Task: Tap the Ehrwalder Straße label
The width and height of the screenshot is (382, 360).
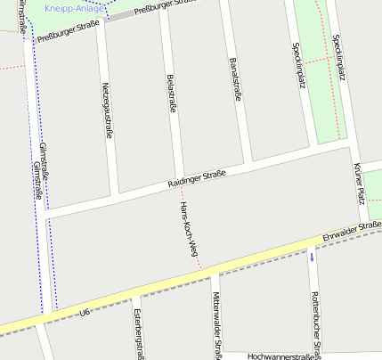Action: pos(353,231)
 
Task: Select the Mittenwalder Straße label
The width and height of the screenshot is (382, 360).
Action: pos(217,326)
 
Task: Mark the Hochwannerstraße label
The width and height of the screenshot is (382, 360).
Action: pos(283,356)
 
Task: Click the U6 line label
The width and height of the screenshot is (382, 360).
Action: pos(85,313)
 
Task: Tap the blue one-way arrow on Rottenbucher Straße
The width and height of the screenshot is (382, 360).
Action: pos(312,258)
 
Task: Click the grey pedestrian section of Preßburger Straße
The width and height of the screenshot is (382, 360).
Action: pos(119,16)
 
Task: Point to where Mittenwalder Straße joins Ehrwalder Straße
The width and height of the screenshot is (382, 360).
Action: pos(213,271)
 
